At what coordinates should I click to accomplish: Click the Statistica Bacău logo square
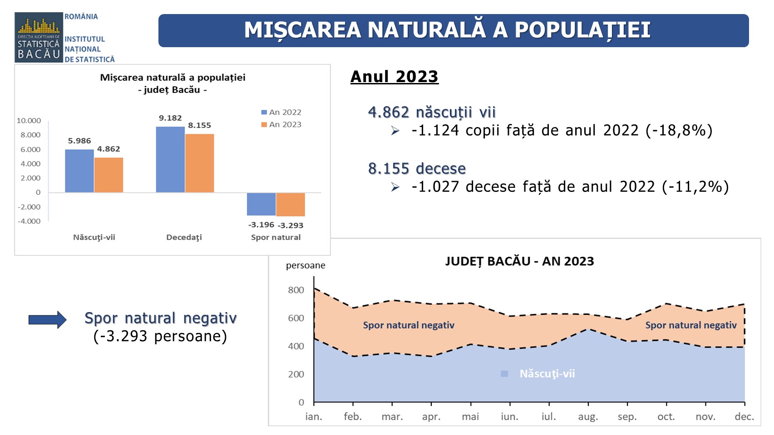pos(38,37)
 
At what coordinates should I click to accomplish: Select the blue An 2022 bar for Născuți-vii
pos(79,171)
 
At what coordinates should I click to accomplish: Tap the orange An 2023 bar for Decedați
pos(199,163)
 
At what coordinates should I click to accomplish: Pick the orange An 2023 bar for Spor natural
pos(291,205)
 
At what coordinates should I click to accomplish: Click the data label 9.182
pos(170,118)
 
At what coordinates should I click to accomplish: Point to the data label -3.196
pos(261,225)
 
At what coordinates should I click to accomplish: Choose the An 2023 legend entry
pos(281,124)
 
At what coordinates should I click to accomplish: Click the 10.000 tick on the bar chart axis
pos(29,121)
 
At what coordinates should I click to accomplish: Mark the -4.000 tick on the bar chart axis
pos(29,221)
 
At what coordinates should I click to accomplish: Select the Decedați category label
pos(184,238)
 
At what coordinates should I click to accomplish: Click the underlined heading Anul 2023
pos(394,77)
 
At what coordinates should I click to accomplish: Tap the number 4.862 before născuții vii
pos(389,112)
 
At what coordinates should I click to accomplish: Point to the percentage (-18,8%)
pos(679,131)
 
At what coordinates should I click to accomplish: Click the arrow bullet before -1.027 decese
pos(395,187)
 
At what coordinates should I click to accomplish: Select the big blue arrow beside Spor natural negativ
pos(47,320)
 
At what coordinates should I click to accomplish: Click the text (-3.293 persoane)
pos(160,336)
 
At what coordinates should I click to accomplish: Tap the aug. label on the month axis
pos(588,417)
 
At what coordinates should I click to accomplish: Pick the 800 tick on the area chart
pos(296,290)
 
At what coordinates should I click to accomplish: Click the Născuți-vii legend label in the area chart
pos(547,374)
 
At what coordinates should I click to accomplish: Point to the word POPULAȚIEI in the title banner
pos(583,30)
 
